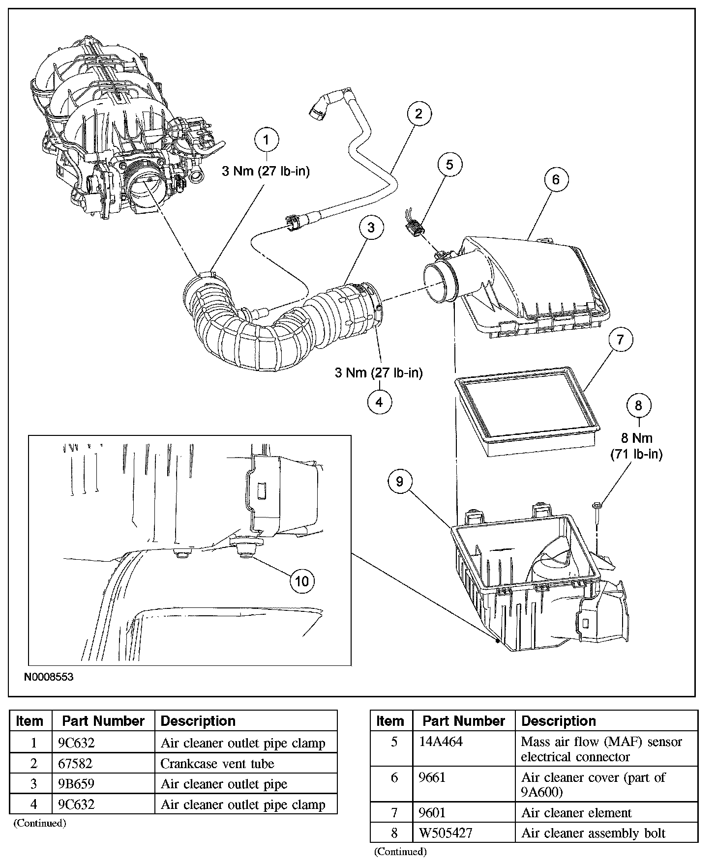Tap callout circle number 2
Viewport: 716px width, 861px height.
pyautogui.click(x=418, y=114)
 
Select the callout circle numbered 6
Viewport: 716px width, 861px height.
pyautogui.click(x=556, y=180)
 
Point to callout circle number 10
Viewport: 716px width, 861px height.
pyautogui.click(x=301, y=581)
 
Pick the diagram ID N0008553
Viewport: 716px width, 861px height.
pyautogui.click(x=49, y=677)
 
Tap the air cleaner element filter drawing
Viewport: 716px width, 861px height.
pyautogui.click(x=529, y=411)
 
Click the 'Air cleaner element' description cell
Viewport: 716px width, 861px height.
pyautogui.click(x=576, y=813)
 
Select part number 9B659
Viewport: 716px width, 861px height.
pyautogui.click(x=76, y=784)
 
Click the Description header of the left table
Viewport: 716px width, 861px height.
pyautogui.click(x=198, y=721)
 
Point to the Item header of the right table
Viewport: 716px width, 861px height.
pyautogui.click(x=390, y=721)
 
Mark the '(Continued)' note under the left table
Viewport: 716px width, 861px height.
pyautogui.click(x=39, y=823)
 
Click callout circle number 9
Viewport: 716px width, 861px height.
pyautogui.click(x=399, y=482)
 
